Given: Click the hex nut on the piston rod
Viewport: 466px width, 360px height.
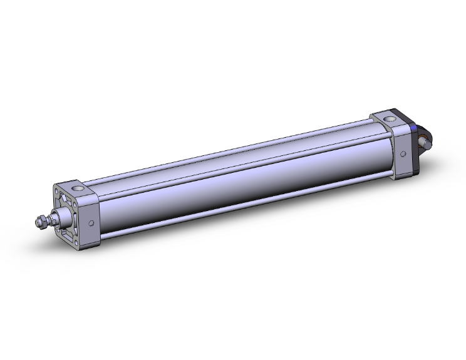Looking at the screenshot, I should pos(41,222).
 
